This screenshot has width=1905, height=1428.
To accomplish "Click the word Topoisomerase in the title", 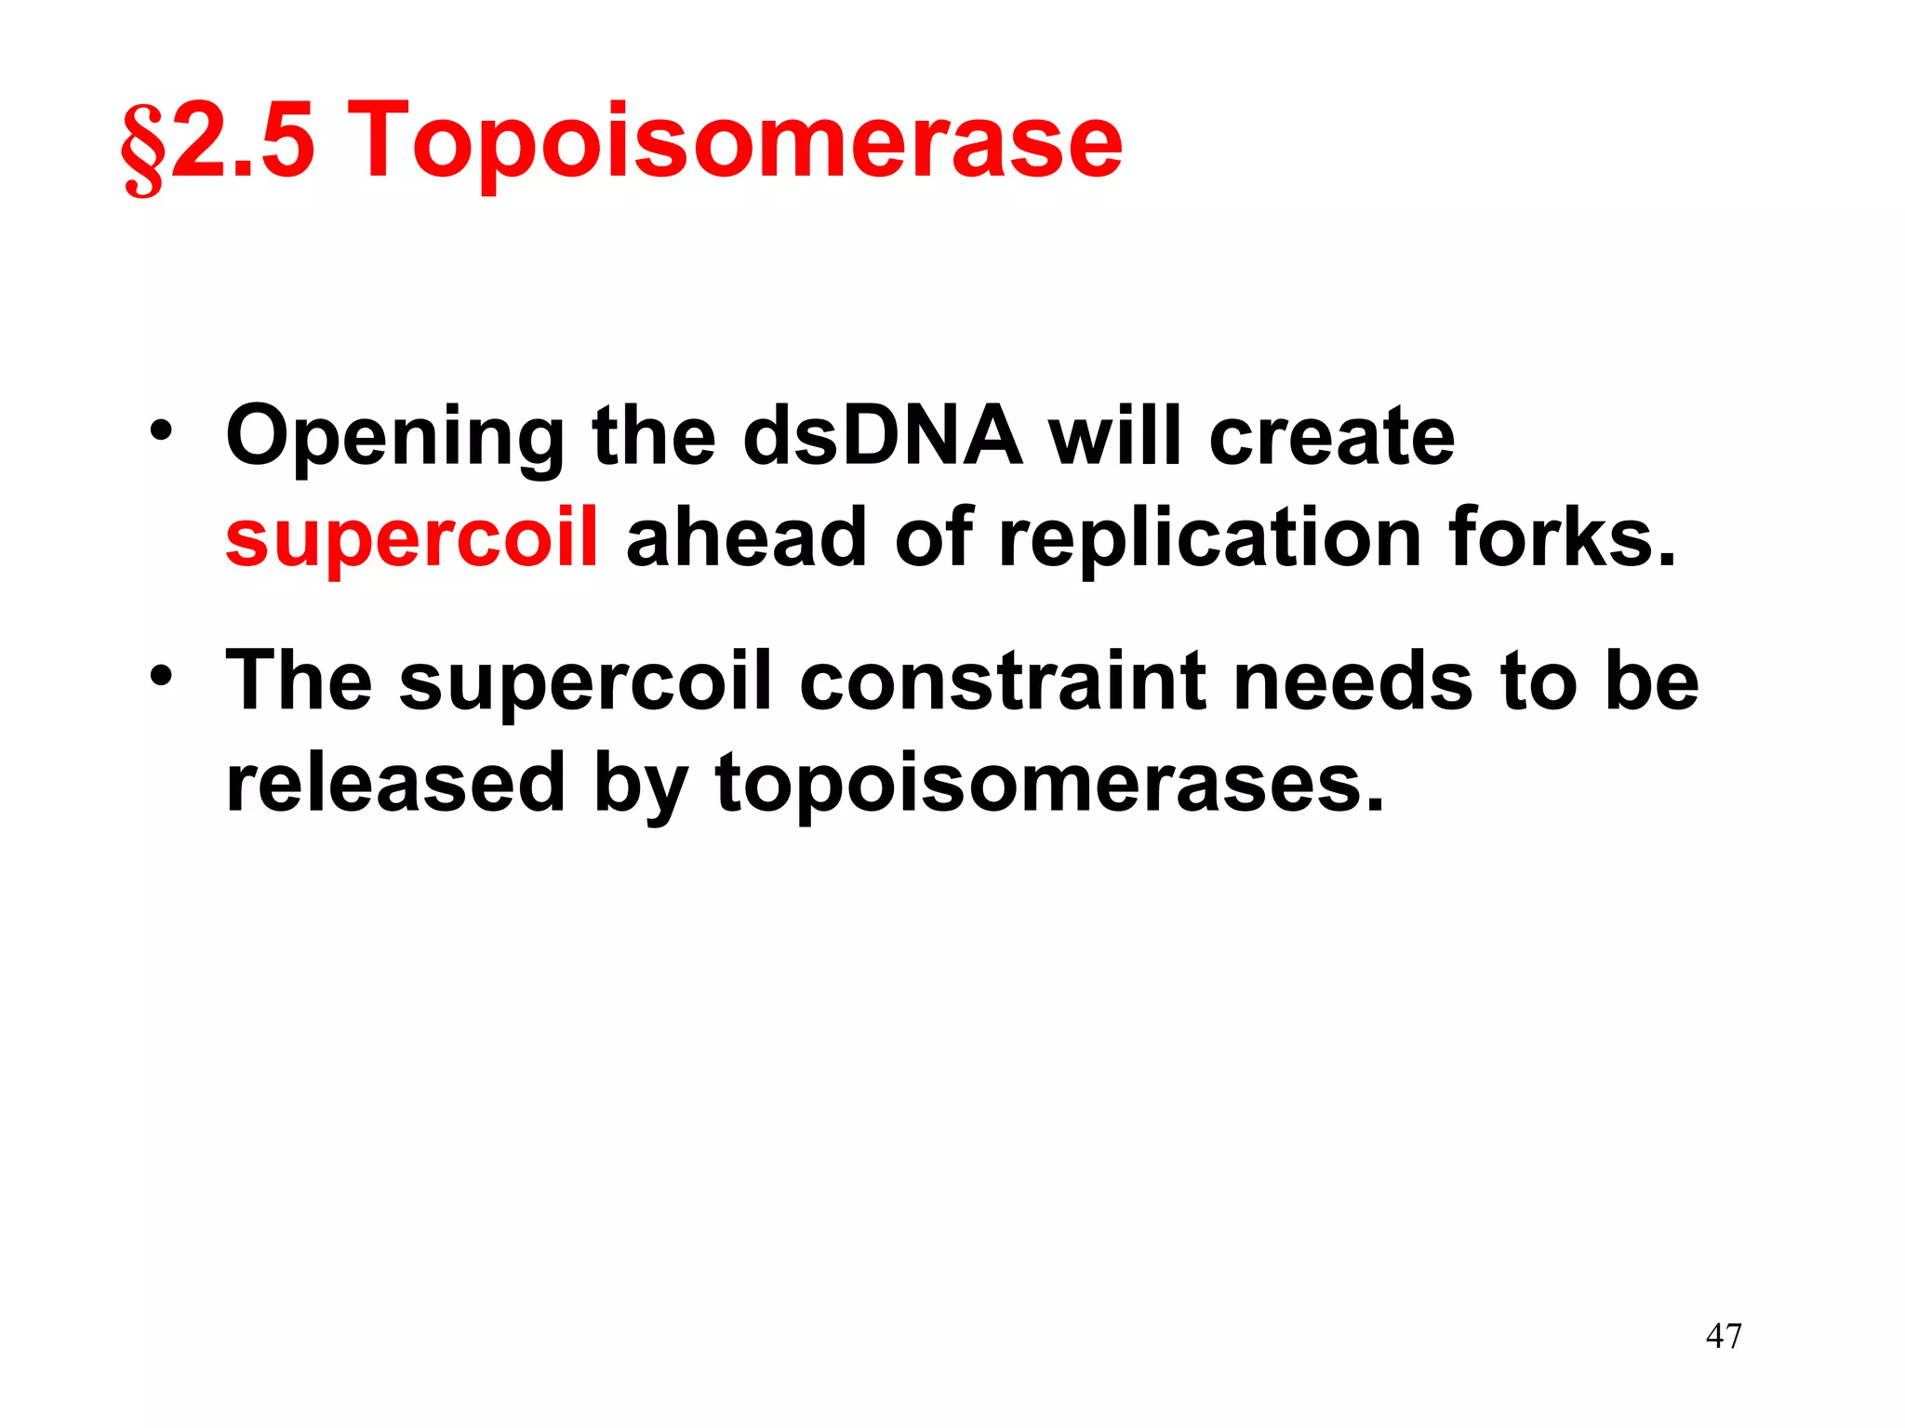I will pos(739,141).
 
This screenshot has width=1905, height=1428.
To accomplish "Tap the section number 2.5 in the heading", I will pos(244,141).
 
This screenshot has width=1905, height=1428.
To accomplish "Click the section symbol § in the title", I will pos(143,149).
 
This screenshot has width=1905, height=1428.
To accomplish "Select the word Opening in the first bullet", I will pos(394,439).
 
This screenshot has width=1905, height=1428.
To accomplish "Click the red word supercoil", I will pos(412,539).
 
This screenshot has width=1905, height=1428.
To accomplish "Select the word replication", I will pos(1209,539).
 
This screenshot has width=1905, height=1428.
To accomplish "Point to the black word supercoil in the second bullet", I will pos(586,683).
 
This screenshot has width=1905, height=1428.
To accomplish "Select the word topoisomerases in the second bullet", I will pos(1049,784).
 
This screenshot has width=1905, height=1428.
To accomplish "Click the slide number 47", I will pos(1724,1336).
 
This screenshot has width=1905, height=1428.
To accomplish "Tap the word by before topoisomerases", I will pos(640,784).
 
